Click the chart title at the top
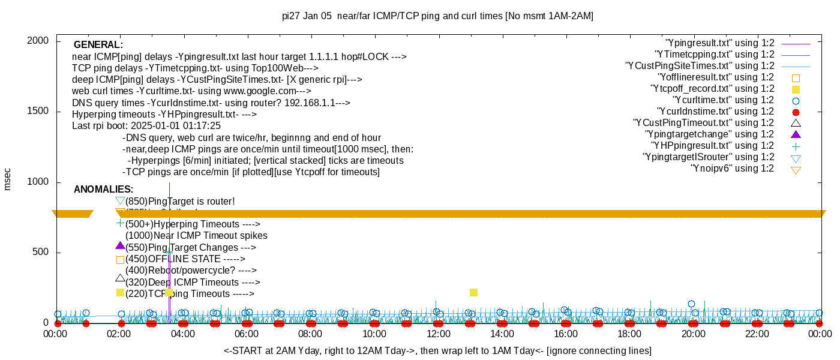pyautogui.click(x=437, y=16)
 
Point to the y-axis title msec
pyautogui.click(x=8, y=179)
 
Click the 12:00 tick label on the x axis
pyautogui.click(x=438, y=334)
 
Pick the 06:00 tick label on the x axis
pyautogui.click(x=247, y=334)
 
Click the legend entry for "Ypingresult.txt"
pyautogui.click(x=720, y=43)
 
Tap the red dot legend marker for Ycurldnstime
pyautogui.click(x=796, y=112)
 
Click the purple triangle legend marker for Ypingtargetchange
pyautogui.click(x=796, y=134)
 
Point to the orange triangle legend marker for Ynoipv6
pyautogui.click(x=796, y=170)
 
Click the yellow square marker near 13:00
pyautogui.click(x=473, y=292)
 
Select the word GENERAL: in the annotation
pyautogui.click(x=98, y=45)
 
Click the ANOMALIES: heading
pyautogui.click(x=103, y=190)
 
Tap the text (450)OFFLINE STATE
pyautogui.click(x=185, y=259)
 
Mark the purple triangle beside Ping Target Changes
pyautogui.click(x=120, y=246)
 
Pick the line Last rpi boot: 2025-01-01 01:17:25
pyautogui.click(x=146, y=126)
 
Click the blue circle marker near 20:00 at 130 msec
pyautogui.click(x=691, y=304)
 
